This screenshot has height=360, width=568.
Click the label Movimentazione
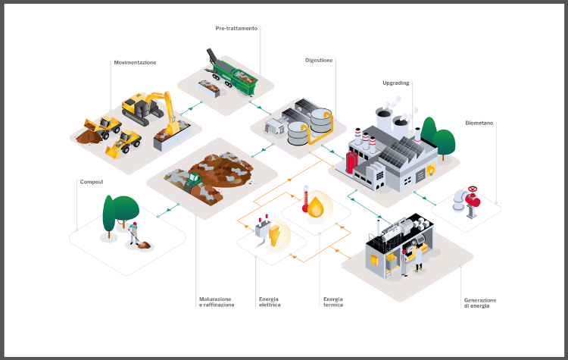point(135,62)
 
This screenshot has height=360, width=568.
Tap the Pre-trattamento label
point(236,29)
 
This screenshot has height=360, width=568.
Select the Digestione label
point(319,60)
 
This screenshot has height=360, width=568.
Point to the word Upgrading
point(396,82)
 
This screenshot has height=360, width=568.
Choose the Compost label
point(91,182)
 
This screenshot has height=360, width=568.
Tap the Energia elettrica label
point(269,302)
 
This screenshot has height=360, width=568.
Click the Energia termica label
point(332,302)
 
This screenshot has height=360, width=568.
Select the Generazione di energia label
point(481,303)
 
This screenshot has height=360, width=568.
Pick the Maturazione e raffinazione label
point(216,302)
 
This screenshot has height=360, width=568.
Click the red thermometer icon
point(306,199)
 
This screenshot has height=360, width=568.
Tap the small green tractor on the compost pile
point(193,180)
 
